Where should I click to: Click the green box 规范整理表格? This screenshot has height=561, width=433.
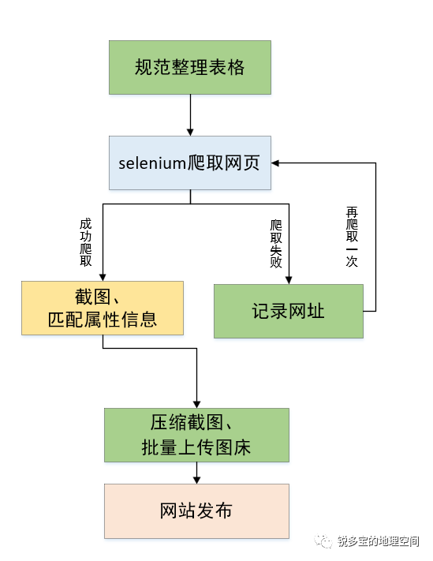point(189,67)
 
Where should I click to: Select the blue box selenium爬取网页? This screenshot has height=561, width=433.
point(189,163)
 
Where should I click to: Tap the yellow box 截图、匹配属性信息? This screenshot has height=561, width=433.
point(103,308)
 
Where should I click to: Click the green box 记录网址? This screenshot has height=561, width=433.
point(289,311)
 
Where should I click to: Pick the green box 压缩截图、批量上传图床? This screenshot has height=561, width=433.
point(196,435)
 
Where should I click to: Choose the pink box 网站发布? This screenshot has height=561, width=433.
point(196,510)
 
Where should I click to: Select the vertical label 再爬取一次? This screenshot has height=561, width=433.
point(352,237)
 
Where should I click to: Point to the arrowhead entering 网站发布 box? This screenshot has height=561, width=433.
point(196,478)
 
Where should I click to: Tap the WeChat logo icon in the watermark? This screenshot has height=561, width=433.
point(325,540)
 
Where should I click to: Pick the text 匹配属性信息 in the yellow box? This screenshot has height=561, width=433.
point(103,320)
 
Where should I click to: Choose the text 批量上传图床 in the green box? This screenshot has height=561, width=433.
point(196,447)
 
